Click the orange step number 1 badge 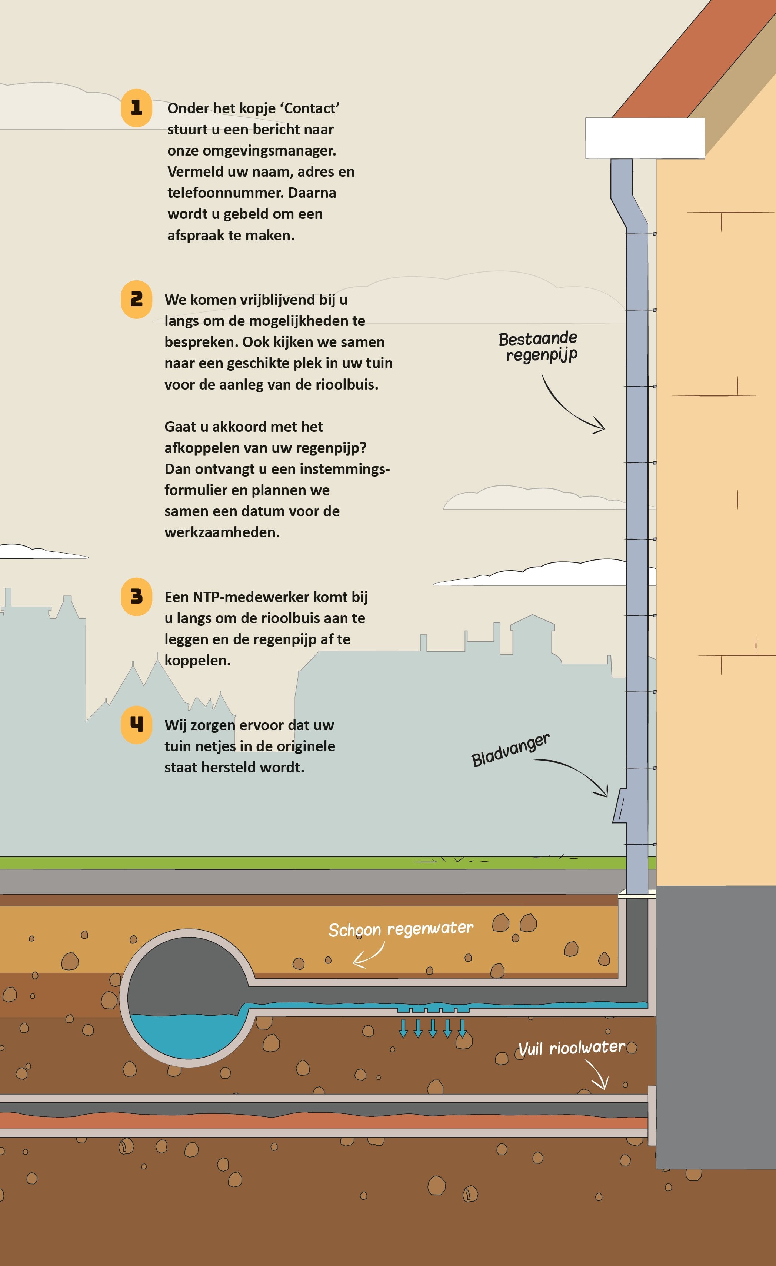coord(136,108)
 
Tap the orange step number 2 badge coord(136,300)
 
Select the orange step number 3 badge coord(136,597)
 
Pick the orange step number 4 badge coord(136,724)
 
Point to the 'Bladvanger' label coord(510,750)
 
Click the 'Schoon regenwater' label coord(401,929)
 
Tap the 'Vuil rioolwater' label coord(572,1048)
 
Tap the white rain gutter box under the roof coord(645,138)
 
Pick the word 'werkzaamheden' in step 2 coord(222,532)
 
